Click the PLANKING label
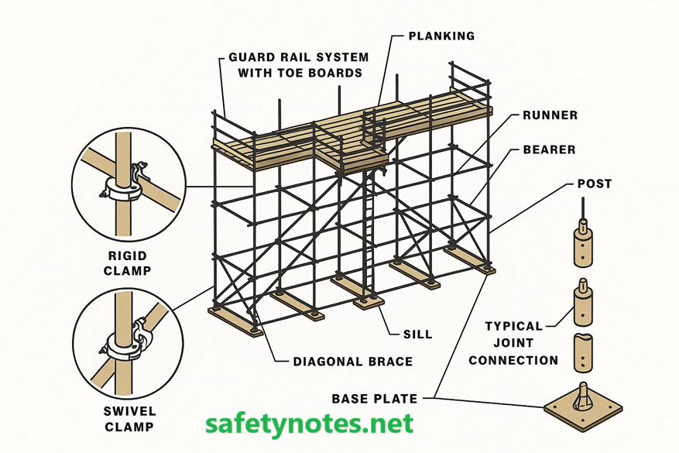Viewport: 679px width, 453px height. click(x=441, y=36)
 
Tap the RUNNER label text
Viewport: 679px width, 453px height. click(x=550, y=115)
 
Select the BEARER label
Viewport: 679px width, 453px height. click(x=549, y=150)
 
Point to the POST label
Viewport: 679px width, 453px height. click(x=594, y=184)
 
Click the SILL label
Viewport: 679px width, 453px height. click(x=417, y=335)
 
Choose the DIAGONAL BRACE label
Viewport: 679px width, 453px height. click(x=352, y=361)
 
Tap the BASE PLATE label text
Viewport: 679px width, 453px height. click(x=375, y=399)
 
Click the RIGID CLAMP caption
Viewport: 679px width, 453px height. click(x=127, y=263)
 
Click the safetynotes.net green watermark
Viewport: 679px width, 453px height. click(x=309, y=424)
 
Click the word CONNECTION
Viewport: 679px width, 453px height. click(x=513, y=360)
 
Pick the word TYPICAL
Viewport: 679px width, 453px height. click(x=513, y=326)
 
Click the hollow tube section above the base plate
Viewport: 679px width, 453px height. click(x=583, y=353)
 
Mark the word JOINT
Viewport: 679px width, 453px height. click(x=513, y=343)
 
